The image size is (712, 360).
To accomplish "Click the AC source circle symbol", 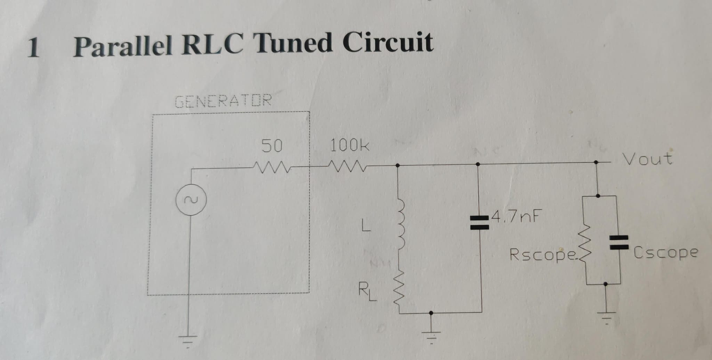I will click(191, 200).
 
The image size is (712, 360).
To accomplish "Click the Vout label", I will click(647, 159).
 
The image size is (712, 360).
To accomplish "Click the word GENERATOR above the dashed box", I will click(223, 101).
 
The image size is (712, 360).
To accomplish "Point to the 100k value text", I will click(349, 145).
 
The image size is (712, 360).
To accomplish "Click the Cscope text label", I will click(665, 253).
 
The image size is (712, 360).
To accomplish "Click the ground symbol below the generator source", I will click(188, 339).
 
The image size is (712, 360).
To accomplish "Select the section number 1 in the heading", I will click(33, 48).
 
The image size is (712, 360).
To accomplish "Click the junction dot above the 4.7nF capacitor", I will click(478, 164).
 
